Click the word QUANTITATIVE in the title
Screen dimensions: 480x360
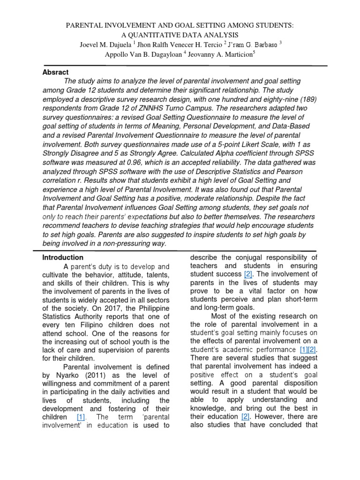tap(160, 35)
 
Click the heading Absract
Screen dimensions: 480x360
tap(55, 72)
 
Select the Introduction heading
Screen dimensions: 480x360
tap(63, 257)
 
